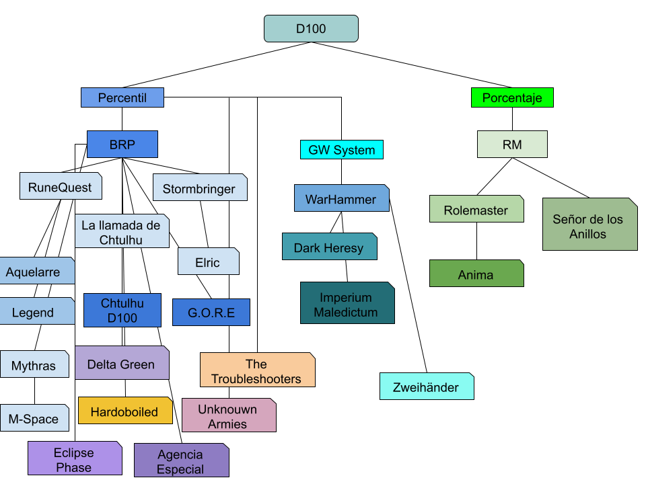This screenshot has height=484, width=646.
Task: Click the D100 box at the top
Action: point(311,29)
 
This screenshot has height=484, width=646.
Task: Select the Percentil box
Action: point(122,97)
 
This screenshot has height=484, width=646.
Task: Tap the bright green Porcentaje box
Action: point(512,97)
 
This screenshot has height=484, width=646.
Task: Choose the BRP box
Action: point(122,145)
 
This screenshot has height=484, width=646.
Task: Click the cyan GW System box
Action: point(342,150)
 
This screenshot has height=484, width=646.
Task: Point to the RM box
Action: point(512,145)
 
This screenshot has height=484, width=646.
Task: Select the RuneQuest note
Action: point(61,187)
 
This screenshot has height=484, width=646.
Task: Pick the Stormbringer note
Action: point(200,188)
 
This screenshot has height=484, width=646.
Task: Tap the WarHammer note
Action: point(341,198)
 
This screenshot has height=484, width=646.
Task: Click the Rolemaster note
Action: point(476,210)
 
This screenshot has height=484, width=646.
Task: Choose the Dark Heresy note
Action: point(329,247)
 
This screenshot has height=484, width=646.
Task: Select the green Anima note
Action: point(476,274)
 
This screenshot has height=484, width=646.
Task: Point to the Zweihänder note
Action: point(427,387)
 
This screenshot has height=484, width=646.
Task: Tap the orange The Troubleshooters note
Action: point(257,370)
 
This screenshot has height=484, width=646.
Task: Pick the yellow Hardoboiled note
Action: point(125,411)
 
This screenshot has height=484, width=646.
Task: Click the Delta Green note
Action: point(122,363)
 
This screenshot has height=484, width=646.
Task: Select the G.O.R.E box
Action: point(211,313)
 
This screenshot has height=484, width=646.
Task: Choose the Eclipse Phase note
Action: point(75,458)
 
